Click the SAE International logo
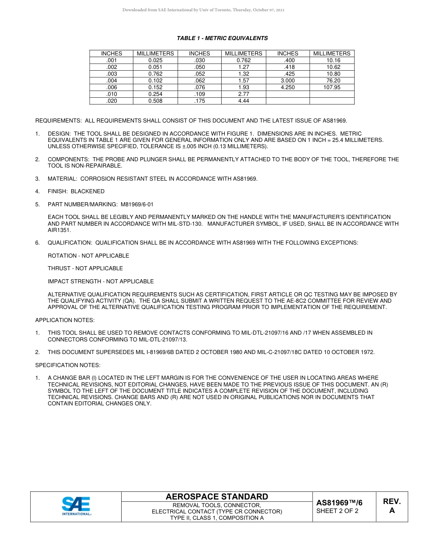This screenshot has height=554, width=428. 76,506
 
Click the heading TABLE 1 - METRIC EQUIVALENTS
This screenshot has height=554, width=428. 222,38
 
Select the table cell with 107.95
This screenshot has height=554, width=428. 332,87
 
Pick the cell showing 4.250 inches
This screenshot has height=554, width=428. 287,87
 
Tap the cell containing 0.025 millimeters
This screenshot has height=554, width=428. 155,60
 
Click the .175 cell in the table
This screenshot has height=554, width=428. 200,101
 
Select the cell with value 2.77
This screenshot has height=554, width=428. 243,94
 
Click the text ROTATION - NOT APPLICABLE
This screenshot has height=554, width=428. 88,256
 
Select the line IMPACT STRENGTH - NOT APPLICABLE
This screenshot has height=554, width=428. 100,282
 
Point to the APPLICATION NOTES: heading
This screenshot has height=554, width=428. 65,320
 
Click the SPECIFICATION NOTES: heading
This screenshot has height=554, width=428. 68,365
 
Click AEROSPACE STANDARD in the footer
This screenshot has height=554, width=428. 217,497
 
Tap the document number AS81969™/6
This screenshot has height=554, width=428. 339,503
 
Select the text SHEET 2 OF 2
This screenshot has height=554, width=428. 337,511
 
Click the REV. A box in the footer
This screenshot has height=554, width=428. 392,506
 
